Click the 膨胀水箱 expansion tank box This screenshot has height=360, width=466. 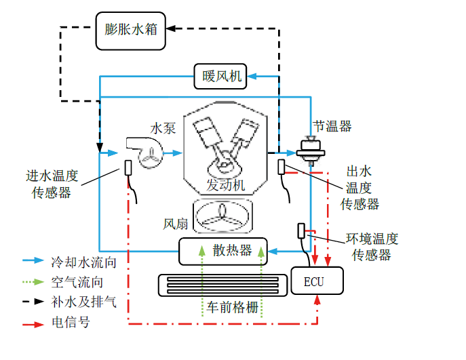pyautogui.click(x=132, y=31)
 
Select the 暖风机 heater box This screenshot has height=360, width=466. pyautogui.click(x=221, y=76)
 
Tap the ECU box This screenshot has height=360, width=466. pyautogui.click(x=317, y=281)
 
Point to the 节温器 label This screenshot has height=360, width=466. pyautogui.click(x=332, y=126)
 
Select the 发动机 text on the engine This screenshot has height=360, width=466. pyautogui.click(x=225, y=186)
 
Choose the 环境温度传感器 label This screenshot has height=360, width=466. pyautogui.click(x=372, y=247)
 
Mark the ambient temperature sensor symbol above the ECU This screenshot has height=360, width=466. pyautogui.click(x=300, y=231)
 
